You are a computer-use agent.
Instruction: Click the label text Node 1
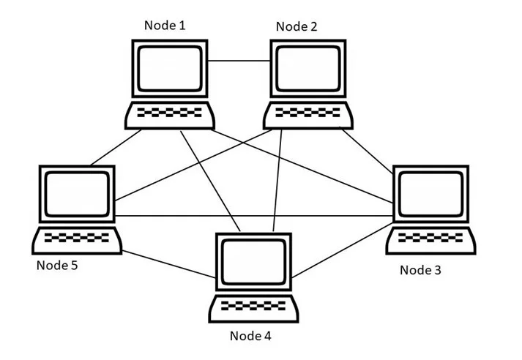tap(165, 26)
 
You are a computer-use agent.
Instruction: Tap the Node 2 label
tap(297, 27)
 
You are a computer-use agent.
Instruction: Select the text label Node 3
tap(420, 270)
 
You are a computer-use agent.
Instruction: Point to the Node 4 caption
tap(250, 337)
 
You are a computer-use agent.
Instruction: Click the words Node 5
tap(57, 265)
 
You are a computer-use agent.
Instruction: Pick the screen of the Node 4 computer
tap(253, 260)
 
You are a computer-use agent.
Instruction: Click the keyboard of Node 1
tap(170, 114)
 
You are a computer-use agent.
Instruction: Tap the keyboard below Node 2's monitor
tap(308, 114)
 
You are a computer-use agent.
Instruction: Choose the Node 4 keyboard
tap(254, 306)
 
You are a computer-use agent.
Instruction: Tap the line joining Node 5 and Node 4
tap(168, 265)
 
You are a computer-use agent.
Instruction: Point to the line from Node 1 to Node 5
tap(116, 147)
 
